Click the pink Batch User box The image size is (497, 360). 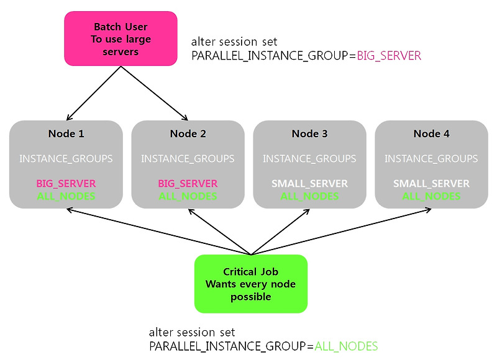(121, 38)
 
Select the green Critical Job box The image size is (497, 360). (251, 284)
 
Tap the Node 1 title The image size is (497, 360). (66, 133)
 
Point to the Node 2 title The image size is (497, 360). (188, 133)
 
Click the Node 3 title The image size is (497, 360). (309, 133)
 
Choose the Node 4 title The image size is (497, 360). (431, 133)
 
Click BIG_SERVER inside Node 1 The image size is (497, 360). (66, 183)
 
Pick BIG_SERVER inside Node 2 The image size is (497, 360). (188, 183)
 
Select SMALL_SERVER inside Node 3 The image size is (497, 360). (309, 183)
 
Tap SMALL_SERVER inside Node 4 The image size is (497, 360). (431, 183)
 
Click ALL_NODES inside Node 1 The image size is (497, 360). (66, 196)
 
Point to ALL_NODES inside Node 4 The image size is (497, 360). (431, 196)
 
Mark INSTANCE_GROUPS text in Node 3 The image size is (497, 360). (309, 158)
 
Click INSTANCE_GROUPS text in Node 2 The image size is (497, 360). (188, 158)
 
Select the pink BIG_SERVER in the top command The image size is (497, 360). (389, 56)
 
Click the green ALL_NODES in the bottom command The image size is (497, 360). (346, 346)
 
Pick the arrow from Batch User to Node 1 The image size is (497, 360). (94, 93)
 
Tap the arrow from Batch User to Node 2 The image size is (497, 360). (154, 93)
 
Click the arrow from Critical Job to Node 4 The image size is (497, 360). (341, 232)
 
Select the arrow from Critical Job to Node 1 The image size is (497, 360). (159, 232)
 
